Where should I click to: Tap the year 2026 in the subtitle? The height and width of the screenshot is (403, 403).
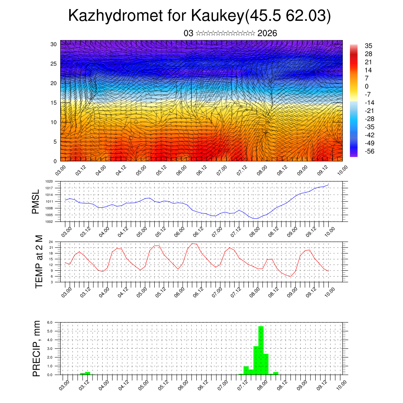pos(267,33)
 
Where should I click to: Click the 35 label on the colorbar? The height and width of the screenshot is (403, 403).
pos(368,46)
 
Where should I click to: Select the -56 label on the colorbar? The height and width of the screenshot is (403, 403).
pos(370,152)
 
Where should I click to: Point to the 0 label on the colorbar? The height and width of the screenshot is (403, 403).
pos(367,86)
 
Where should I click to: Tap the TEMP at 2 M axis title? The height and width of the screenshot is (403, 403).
pos(39,261)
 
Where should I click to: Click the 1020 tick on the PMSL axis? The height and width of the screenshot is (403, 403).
pos(49,181)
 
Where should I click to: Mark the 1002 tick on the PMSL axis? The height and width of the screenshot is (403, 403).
pos(49,222)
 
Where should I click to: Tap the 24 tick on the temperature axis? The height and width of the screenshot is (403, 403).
pos(51,242)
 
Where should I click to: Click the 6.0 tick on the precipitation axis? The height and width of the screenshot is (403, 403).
pos(50,322)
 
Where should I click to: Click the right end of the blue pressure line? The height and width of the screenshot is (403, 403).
pos(328,185)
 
